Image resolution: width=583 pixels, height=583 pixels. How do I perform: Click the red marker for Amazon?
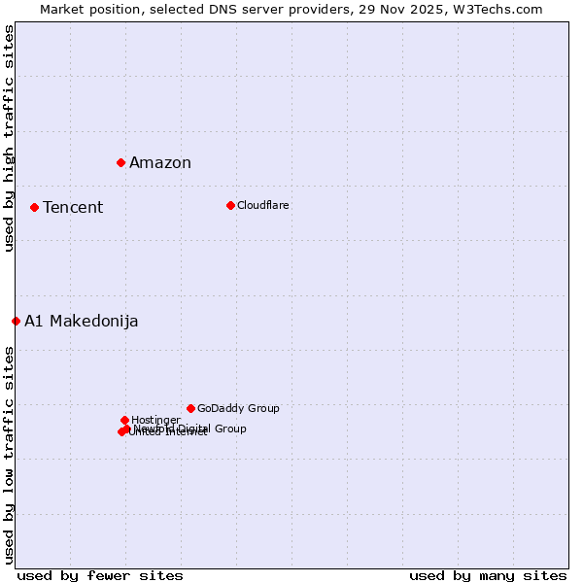(120, 162)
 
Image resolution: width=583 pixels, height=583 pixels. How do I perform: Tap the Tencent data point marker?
(34, 207)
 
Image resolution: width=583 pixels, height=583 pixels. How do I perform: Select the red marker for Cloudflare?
(230, 205)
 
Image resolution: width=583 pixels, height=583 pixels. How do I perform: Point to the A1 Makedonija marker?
(16, 321)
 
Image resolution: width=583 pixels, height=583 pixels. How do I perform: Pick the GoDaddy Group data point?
(190, 408)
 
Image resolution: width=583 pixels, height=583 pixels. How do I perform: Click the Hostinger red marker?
(124, 420)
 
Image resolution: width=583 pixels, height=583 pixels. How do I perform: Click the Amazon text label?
(160, 163)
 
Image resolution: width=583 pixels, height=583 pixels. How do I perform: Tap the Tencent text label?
(73, 208)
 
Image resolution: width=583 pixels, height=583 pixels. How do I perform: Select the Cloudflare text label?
(263, 206)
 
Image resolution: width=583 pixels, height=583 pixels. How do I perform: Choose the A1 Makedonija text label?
(82, 322)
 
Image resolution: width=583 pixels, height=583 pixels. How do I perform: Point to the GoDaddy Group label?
(238, 409)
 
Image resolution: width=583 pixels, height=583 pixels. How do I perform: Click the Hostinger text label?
(155, 421)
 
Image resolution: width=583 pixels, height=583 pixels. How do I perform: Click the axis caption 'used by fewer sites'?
(100, 576)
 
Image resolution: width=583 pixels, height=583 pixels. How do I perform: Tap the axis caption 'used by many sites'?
(488, 576)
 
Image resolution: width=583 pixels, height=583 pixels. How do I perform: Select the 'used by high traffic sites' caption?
(9, 138)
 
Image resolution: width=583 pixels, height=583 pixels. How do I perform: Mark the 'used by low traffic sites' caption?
(9, 455)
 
